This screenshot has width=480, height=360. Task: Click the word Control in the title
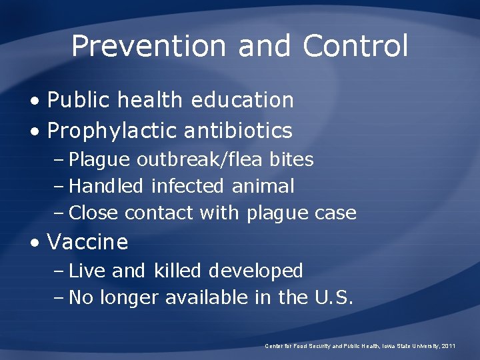(355, 46)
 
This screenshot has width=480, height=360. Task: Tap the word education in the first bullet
(242, 100)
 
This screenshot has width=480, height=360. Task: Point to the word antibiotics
(237, 131)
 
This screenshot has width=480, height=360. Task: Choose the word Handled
(106, 186)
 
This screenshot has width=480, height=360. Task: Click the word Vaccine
(87, 241)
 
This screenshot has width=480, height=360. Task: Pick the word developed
(256, 271)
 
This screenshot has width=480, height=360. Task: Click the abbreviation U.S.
(332, 297)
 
